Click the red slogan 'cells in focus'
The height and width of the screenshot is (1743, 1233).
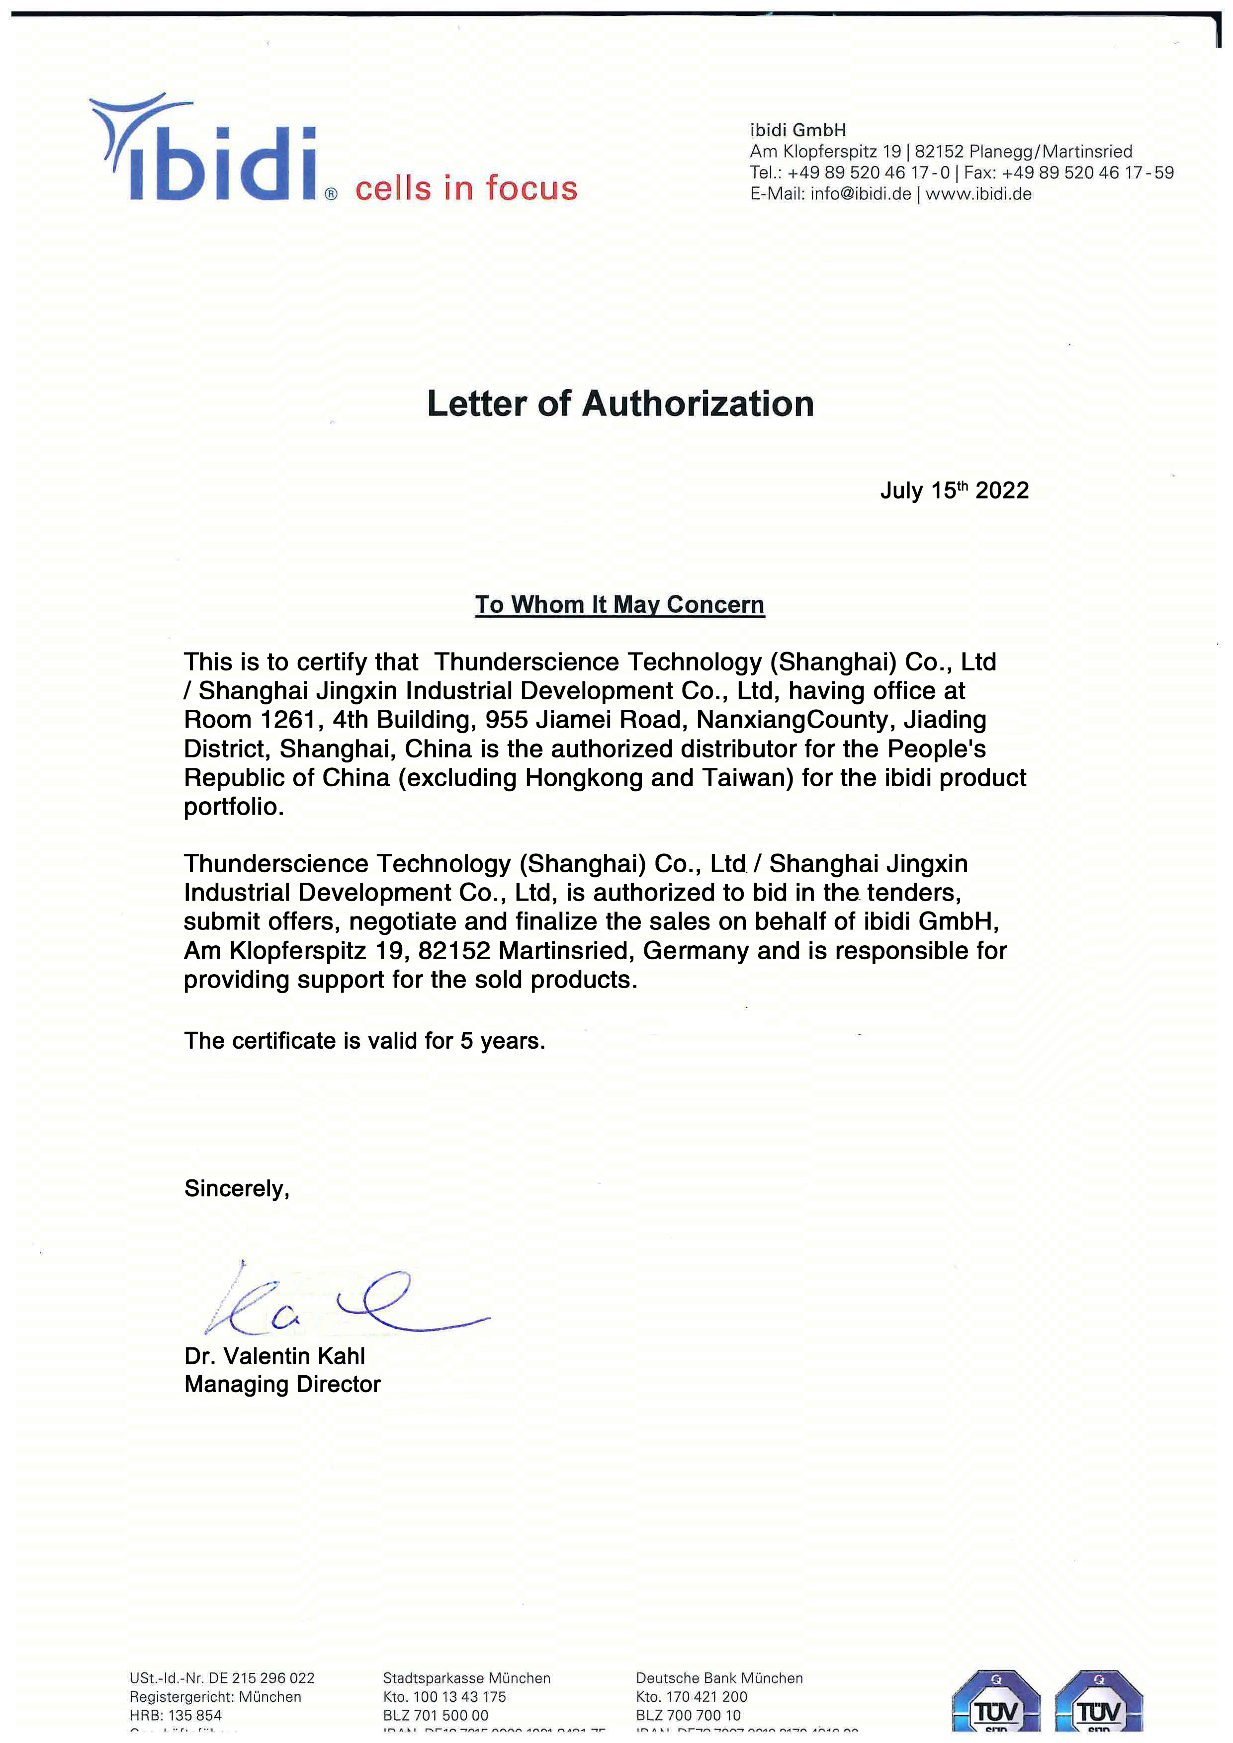point(466,188)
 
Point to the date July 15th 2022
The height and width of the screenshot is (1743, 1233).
point(955,491)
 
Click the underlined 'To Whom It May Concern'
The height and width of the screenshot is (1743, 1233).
point(619,604)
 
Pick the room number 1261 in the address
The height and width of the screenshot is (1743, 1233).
point(288,720)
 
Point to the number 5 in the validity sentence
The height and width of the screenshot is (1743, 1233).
point(466,1040)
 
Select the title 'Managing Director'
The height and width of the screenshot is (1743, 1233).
point(282,1385)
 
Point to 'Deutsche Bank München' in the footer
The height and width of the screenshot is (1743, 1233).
point(719,1678)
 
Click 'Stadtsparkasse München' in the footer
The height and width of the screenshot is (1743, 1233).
point(466,1678)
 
